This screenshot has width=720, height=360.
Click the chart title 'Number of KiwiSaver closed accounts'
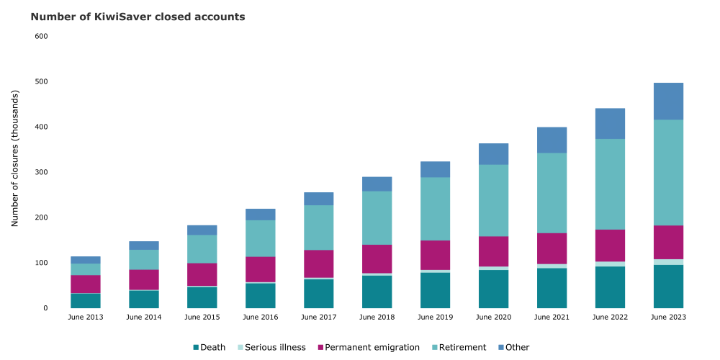point(138,16)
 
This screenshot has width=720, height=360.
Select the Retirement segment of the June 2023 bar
point(667,173)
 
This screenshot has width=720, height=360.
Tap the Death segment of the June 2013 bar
point(86,300)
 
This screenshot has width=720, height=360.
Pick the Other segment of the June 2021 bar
point(552,140)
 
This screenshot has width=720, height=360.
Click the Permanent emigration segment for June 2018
point(377,259)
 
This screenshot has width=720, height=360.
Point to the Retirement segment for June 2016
point(261,238)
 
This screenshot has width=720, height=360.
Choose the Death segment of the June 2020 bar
point(493,289)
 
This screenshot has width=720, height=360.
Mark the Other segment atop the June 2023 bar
point(667,102)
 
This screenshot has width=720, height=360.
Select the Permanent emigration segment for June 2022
point(610,246)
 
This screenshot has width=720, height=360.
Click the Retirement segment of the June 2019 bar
point(436,209)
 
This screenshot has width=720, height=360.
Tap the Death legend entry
point(209,347)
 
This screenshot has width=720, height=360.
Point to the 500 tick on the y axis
point(41,81)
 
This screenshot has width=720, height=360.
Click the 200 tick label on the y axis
point(41,217)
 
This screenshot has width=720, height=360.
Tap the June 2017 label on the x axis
point(319,317)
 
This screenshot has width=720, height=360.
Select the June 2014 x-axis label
point(144,317)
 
